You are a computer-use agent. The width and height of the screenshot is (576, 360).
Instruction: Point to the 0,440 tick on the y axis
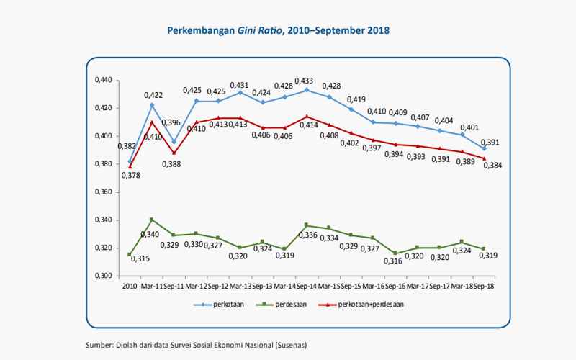point(104,80)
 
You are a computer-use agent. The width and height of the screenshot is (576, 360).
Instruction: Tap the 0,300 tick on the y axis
point(104,276)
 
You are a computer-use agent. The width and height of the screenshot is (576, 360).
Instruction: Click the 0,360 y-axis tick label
point(104,192)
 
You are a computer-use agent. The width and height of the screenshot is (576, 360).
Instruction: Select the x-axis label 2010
point(129,287)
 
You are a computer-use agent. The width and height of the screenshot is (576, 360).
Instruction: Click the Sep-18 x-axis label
point(484,287)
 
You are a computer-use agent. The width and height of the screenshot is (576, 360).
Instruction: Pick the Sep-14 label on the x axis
point(307,287)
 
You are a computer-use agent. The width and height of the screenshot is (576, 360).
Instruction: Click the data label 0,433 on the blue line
point(304,81)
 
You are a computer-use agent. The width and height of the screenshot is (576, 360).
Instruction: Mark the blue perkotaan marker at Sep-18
point(484,148)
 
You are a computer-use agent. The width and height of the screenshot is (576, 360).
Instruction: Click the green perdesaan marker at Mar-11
point(151,220)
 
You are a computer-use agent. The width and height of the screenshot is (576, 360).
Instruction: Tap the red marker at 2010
point(130,167)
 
